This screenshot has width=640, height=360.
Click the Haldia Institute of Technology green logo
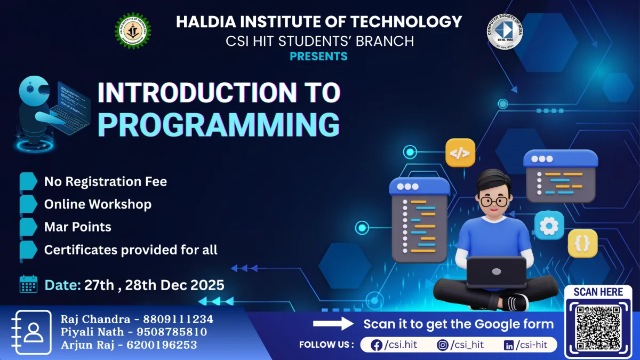(133, 30)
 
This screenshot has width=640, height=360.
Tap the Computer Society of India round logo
(505, 31)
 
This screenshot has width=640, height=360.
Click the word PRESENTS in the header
(318, 57)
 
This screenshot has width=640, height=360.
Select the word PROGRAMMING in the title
(219, 125)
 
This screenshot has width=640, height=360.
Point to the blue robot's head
(34, 91)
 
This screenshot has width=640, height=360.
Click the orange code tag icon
(460, 153)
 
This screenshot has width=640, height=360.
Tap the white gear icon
(549, 226)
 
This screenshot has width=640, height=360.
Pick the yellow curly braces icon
(582, 243)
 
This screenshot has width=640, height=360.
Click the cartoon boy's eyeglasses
(494, 202)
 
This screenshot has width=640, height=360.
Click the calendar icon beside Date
(28, 284)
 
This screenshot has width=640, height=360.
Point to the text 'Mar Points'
(78, 227)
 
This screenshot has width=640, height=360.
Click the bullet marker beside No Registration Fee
(28, 181)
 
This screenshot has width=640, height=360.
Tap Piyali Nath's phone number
(172, 332)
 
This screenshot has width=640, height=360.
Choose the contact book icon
(31, 332)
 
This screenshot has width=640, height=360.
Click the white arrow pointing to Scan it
(333, 324)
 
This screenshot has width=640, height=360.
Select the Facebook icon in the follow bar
(377, 346)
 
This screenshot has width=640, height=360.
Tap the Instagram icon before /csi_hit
(442, 345)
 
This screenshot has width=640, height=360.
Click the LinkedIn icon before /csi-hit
(509, 346)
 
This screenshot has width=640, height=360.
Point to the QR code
(598, 327)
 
